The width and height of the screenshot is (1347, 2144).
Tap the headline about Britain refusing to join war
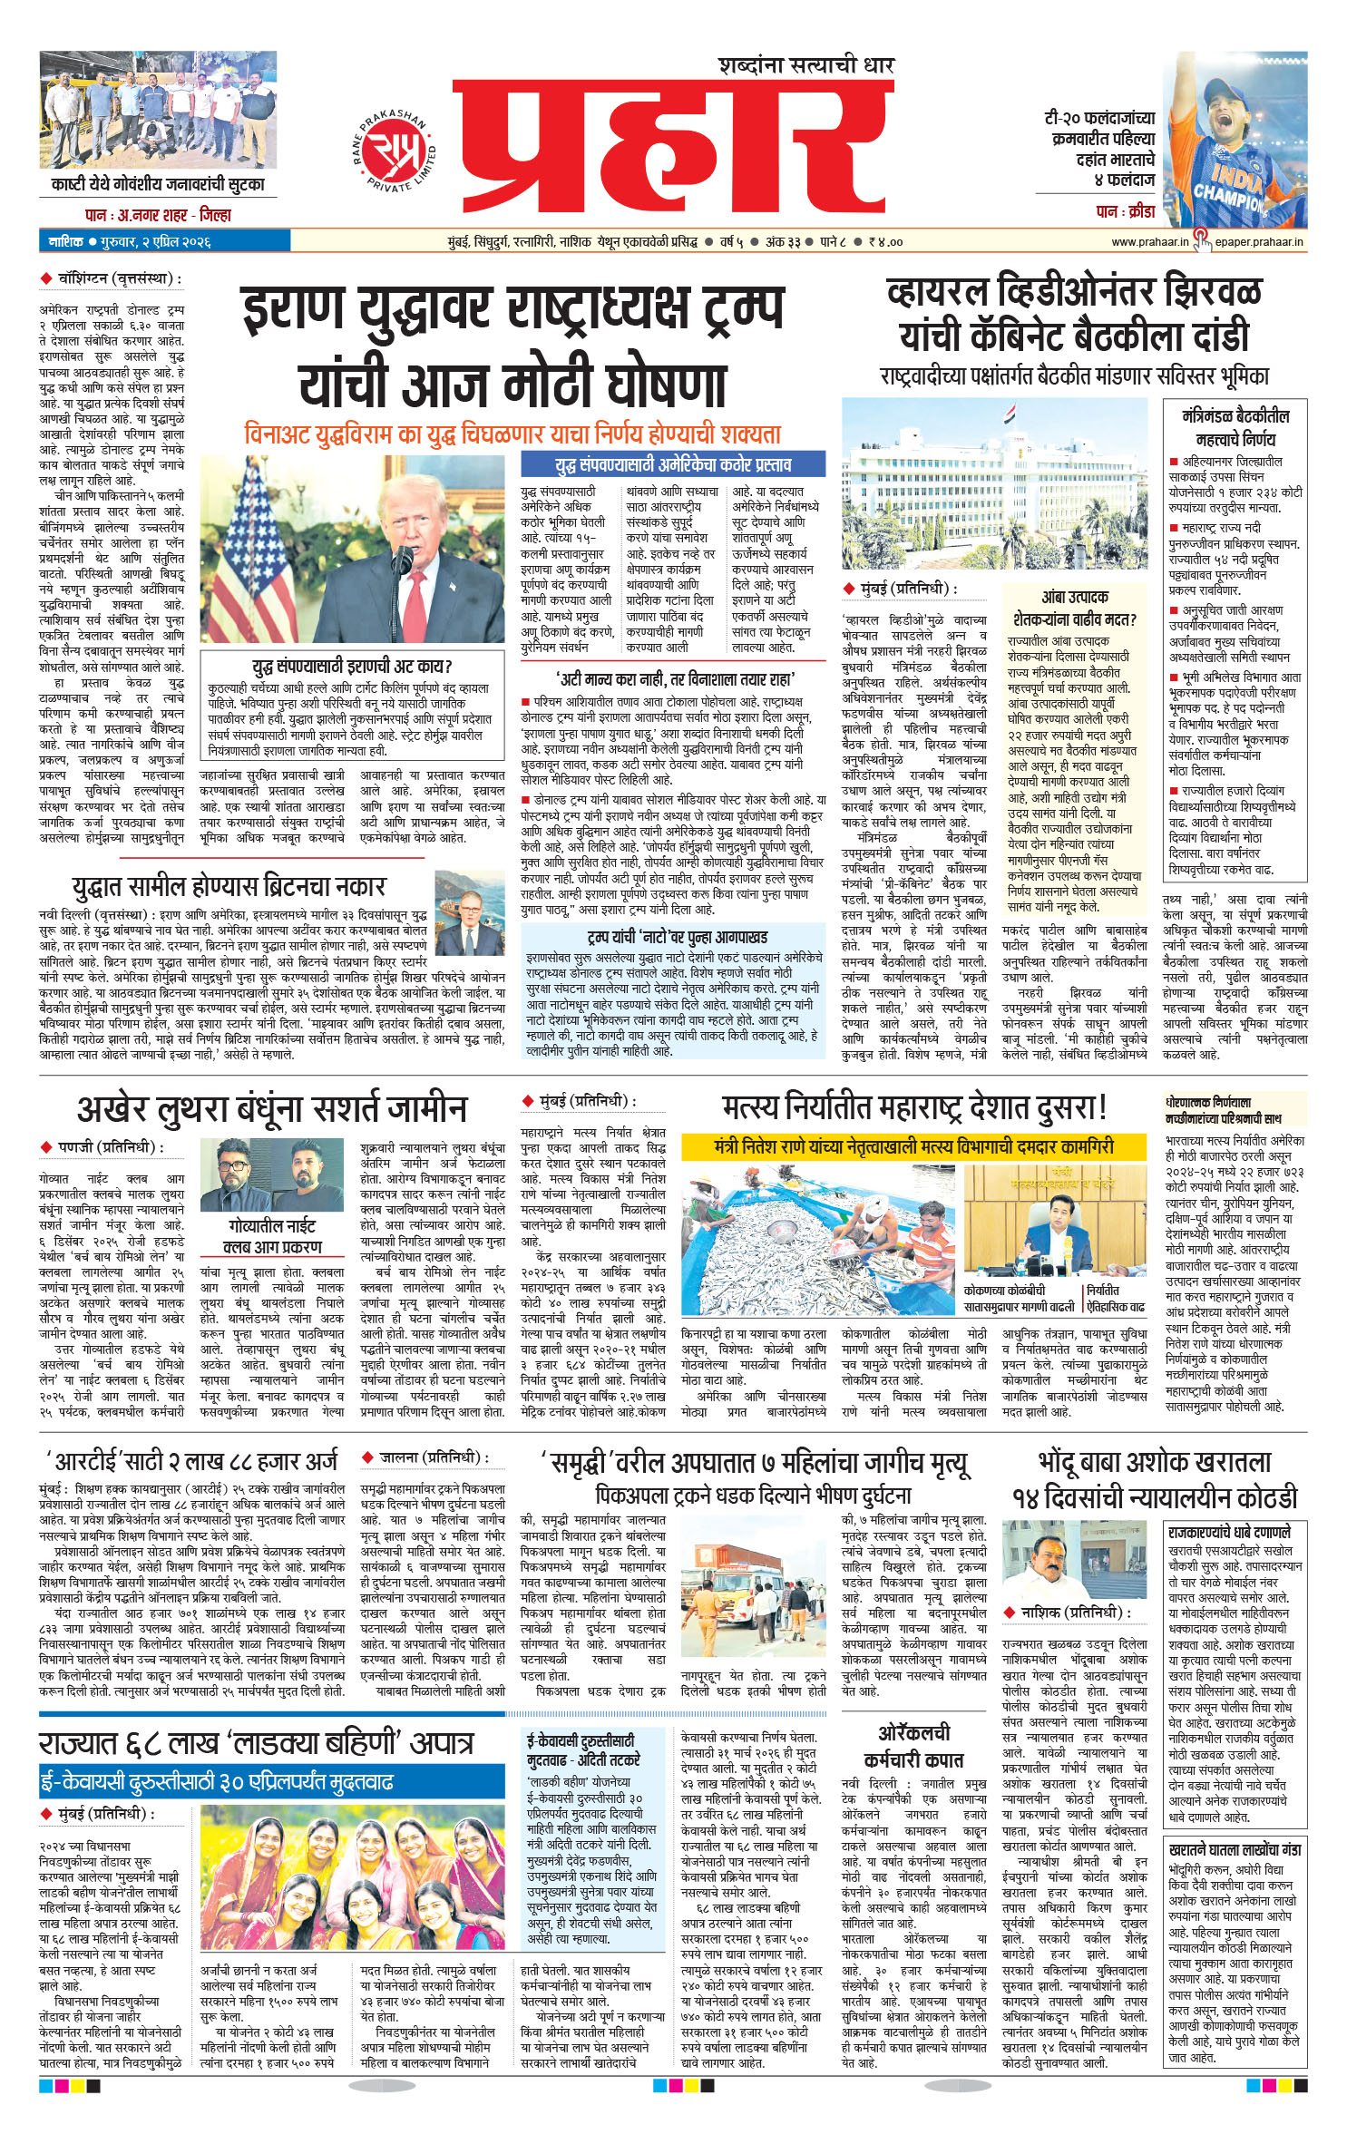pos(229,886)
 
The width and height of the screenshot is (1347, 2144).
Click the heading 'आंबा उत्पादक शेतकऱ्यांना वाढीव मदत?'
pos(1074,608)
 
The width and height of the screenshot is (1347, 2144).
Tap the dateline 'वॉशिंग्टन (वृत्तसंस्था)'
pos(113,278)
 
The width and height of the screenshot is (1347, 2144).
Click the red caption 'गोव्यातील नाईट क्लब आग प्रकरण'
pos(272,1235)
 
